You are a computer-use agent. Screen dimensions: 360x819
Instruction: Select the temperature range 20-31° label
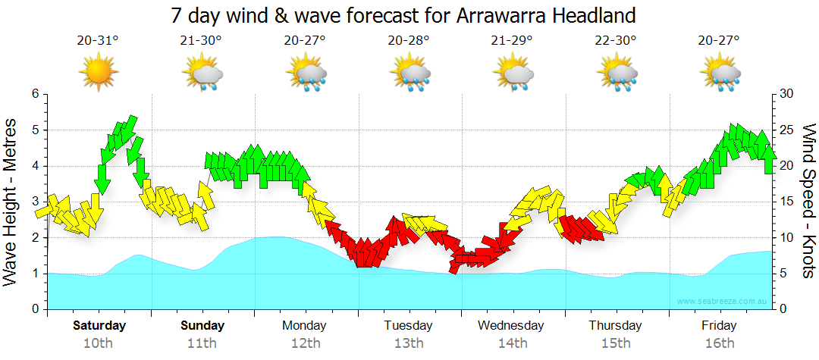coord(98,41)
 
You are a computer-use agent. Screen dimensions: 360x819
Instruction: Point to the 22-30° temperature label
coord(616,41)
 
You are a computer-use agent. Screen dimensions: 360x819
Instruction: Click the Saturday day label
coord(99,326)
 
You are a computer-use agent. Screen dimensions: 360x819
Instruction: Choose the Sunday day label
coord(202,326)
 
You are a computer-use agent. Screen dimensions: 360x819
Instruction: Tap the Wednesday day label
coord(511,326)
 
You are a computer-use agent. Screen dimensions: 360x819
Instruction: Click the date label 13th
coord(409,343)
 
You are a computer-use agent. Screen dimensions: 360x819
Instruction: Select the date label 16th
coord(719,343)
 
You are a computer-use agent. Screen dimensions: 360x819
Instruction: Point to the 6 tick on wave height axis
coord(33,94)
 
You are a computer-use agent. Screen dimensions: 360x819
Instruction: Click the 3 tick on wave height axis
coord(33,202)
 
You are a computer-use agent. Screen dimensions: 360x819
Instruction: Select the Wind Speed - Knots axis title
coord(808,202)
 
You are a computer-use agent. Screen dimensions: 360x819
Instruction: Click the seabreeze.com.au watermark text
coord(723,302)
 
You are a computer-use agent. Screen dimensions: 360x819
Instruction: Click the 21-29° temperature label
coord(512,41)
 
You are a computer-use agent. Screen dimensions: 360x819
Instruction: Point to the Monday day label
coord(305,326)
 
